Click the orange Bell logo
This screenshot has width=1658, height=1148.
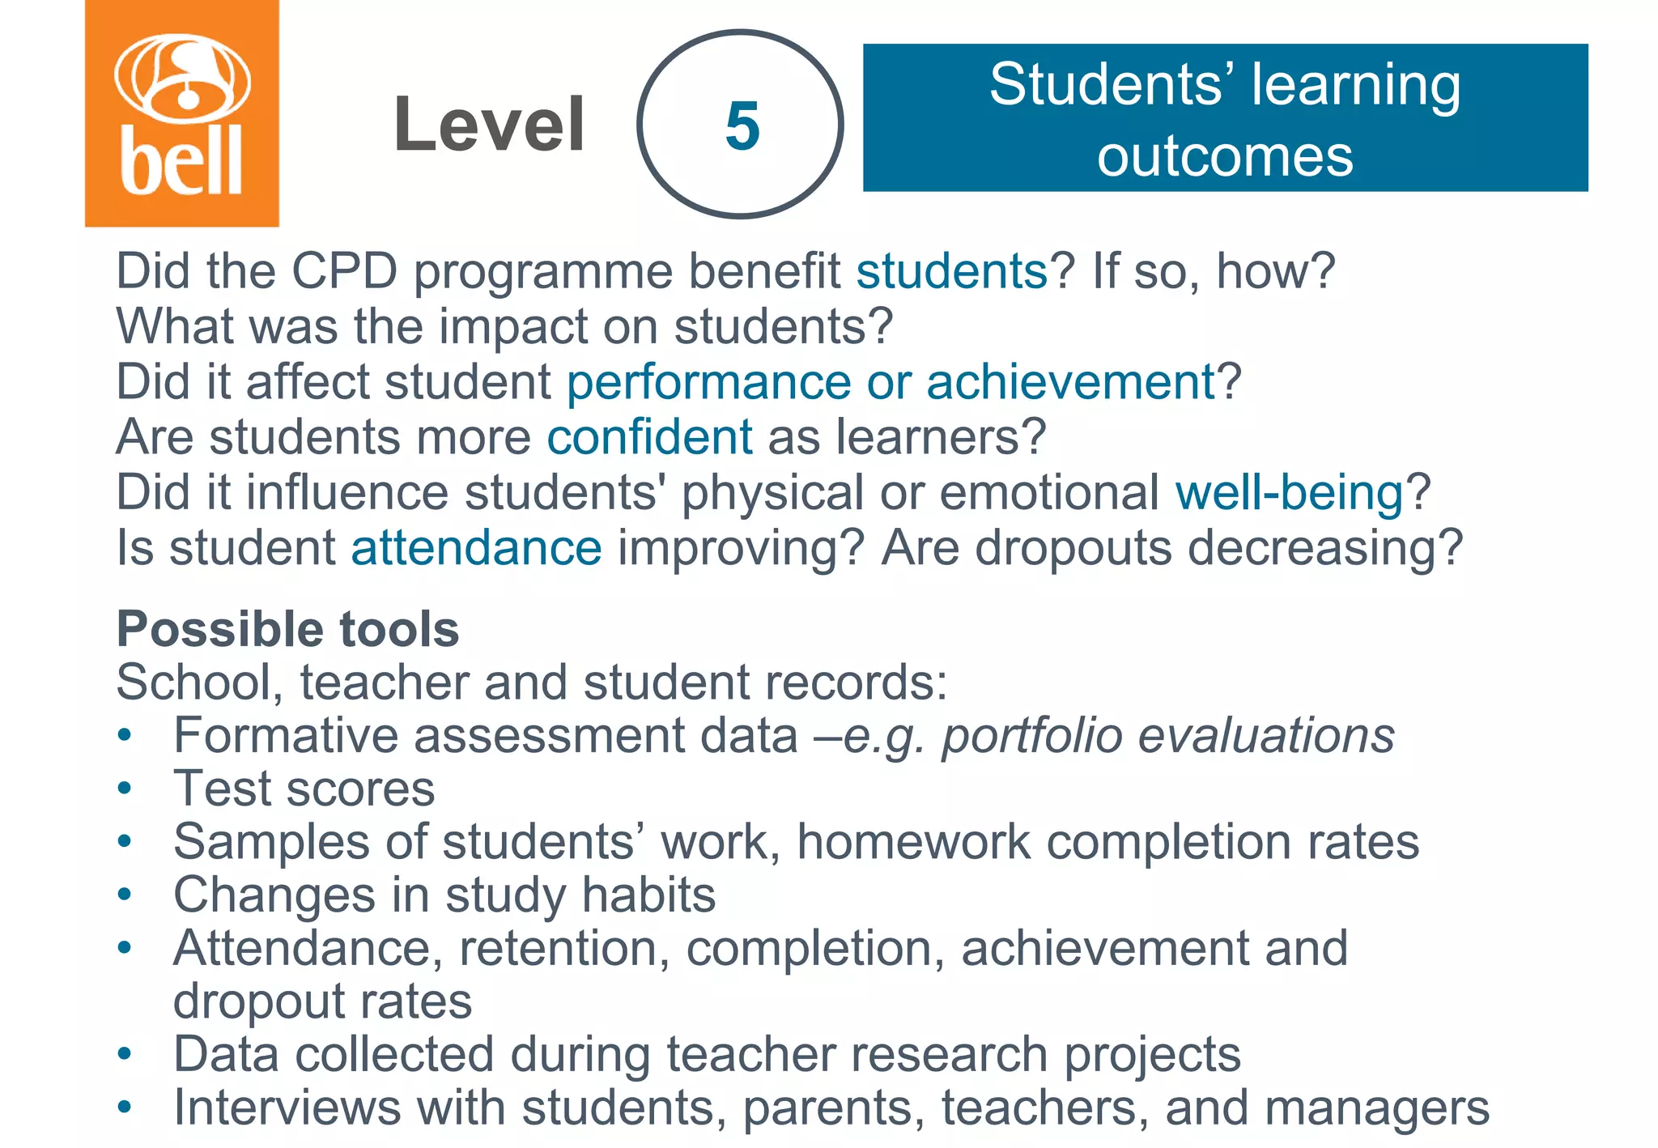(182, 113)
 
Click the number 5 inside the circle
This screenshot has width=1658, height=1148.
(742, 126)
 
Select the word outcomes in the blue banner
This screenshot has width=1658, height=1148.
(1224, 155)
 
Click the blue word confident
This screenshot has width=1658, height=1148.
(649, 437)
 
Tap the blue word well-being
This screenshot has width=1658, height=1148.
(1290, 492)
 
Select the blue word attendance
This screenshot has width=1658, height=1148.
(476, 548)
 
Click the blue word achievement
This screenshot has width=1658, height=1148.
(1071, 382)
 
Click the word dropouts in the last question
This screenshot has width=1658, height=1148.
(1073, 548)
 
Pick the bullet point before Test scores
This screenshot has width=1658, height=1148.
(124, 788)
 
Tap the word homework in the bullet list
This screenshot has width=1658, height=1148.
(913, 841)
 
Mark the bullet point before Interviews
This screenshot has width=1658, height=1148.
(124, 1107)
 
